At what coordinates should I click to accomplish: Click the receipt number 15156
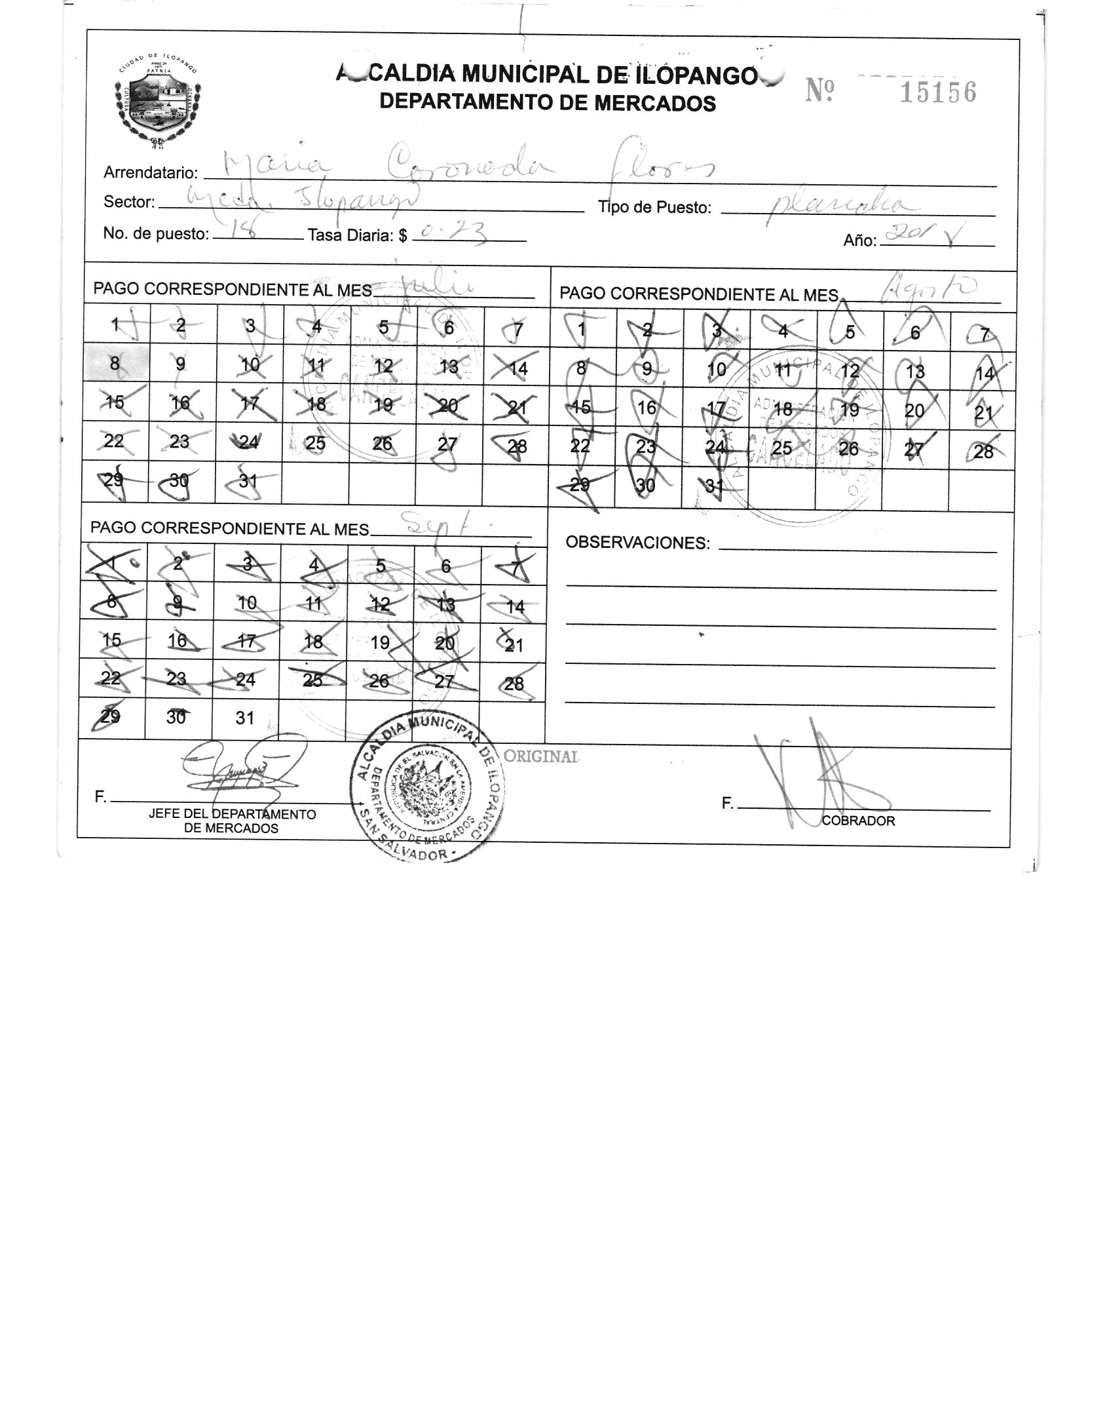pos(937,93)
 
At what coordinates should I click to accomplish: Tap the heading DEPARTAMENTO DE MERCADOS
pos(548,103)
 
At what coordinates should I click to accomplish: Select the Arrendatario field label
pos(151,173)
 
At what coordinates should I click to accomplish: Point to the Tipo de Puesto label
pos(654,208)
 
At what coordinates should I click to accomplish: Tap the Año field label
pos(859,241)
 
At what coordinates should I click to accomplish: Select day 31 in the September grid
pos(244,718)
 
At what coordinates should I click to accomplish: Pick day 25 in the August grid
pos(781,448)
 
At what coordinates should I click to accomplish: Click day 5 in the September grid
pos(381,566)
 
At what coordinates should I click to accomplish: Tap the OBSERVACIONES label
pos(637,543)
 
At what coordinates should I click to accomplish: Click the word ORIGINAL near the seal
pos(541,756)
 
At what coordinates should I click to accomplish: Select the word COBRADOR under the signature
pos(857,821)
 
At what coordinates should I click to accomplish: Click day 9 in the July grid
pos(181,364)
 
